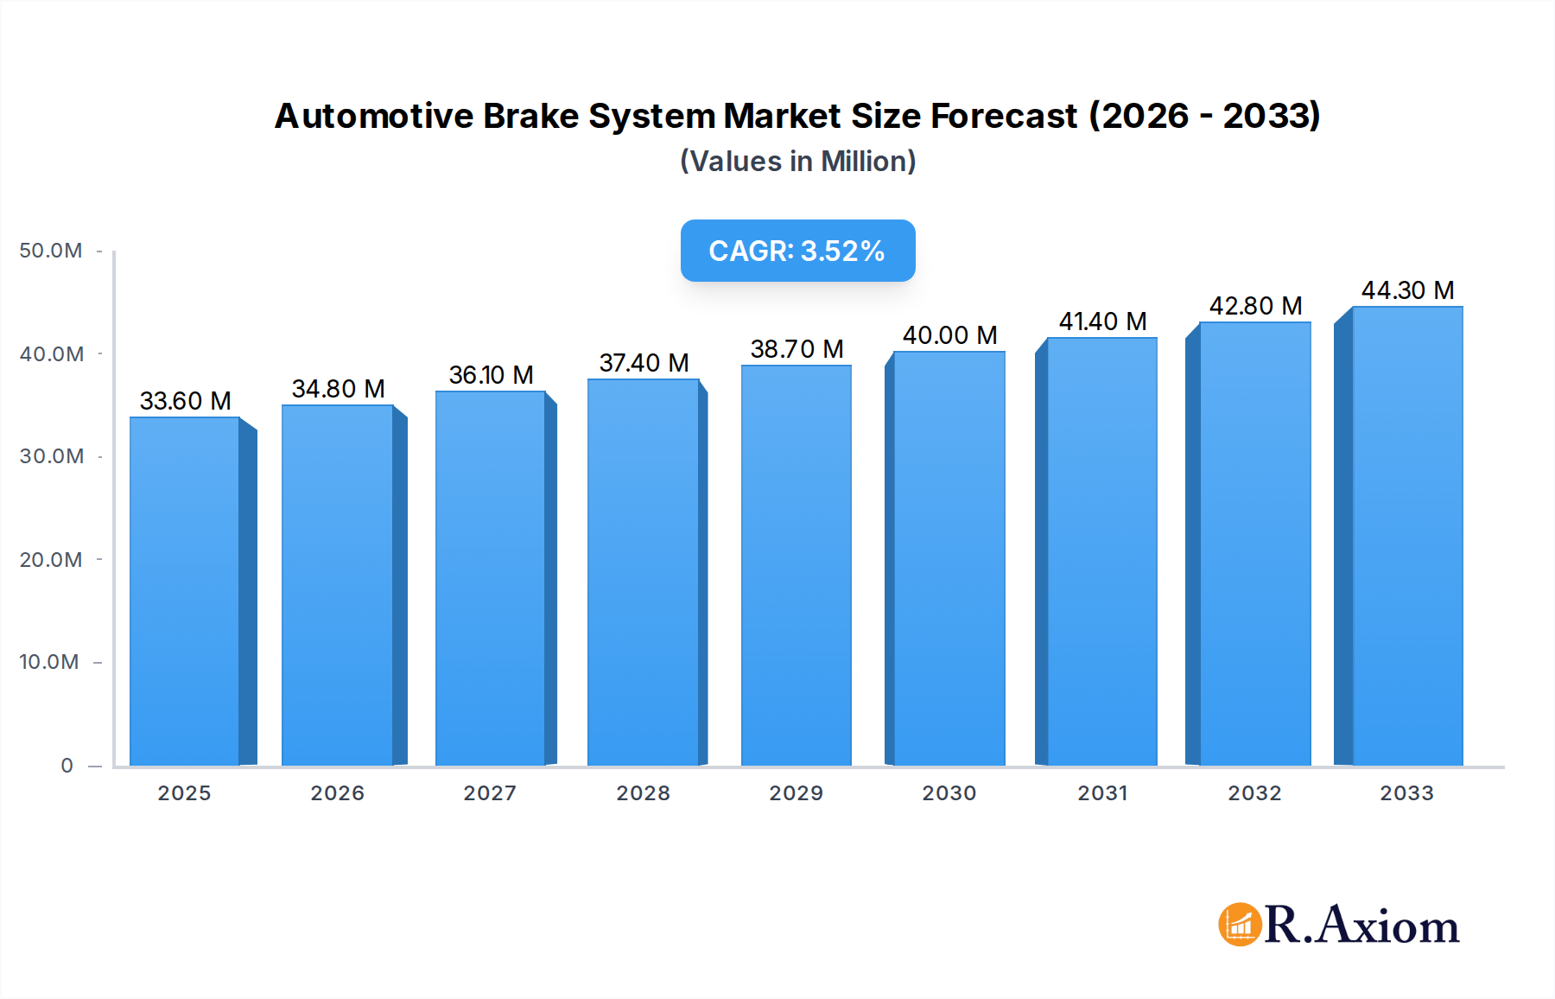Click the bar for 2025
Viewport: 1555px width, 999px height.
[x=185, y=592]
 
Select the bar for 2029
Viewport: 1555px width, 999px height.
[x=796, y=566]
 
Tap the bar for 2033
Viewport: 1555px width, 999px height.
[x=1406, y=536]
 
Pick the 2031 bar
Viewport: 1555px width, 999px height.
[x=1101, y=553]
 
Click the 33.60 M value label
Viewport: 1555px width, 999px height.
[x=185, y=401]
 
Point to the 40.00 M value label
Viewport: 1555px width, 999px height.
[x=949, y=335]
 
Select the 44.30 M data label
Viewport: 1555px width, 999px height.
[x=1407, y=290]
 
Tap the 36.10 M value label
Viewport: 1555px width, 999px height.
[x=491, y=375]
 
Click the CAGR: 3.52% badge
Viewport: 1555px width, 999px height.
[x=797, y=251]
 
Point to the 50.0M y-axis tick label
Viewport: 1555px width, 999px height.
[x=51, y=251]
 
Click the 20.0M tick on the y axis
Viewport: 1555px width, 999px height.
[x=51, y=560]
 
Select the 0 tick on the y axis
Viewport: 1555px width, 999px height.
[x=67, y=766]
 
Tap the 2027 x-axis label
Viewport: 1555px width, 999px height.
[x=490, y=793]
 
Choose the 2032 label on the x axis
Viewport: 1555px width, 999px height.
[x=1254, y=793]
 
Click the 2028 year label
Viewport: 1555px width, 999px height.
[x=643, y=793]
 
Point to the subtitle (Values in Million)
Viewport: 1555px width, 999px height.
[x=797, y=162]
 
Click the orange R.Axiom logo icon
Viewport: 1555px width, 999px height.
[x=1240, y=925]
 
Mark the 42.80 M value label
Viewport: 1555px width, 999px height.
[x=1255, y=306]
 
